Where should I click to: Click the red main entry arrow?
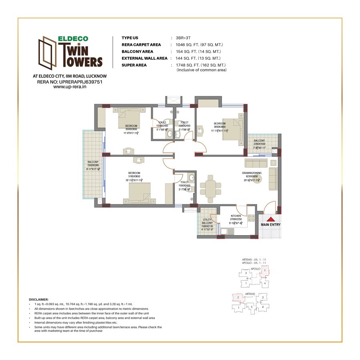(271, 219)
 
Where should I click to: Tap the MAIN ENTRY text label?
(271, 224)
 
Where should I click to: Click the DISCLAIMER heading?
(39, 299)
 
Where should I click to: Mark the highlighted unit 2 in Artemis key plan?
(238, 297)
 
